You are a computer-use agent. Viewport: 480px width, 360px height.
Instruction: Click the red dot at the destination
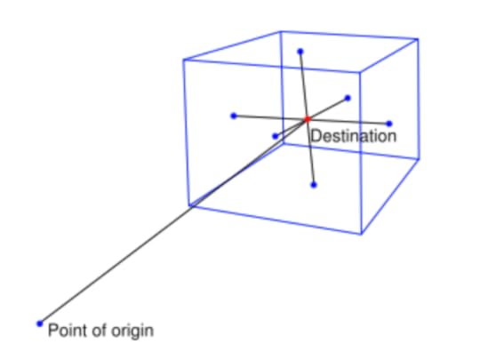click(x=307, y=119)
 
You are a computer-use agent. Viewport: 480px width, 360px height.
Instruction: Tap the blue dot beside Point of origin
click(x=40, y=324)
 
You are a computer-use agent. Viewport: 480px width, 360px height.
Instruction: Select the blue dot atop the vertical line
click(x=300, y=52)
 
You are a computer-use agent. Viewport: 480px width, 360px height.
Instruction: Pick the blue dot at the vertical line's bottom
click(x=314, y=185)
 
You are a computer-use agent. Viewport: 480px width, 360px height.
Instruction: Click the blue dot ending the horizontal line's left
click(x=234, y=116)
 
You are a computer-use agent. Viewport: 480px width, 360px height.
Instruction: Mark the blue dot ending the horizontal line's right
click(x=389, y=124)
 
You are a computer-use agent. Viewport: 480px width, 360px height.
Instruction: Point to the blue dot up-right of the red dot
click(x=348, y=98)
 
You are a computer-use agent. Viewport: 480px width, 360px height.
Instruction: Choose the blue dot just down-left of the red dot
click(x=276, y=136)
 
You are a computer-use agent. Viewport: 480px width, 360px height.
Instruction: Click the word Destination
click(x=353, y=136)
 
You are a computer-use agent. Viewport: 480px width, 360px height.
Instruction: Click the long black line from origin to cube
click(x=173, y=221)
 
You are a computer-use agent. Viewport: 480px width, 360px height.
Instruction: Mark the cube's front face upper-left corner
click(x=183, y=60)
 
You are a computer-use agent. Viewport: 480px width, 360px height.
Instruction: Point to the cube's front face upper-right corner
click(x=360, y=72)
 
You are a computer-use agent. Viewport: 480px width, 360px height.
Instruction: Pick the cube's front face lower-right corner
click(x=362, y=235)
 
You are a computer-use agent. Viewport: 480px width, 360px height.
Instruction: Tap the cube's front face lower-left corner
click(x=189, y=205)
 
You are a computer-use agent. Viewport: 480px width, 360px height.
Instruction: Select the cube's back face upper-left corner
click(x=281, y=31)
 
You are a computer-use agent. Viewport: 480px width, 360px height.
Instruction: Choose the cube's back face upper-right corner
click(x=418, y=39)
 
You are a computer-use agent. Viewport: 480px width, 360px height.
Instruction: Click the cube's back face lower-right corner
click(x=420, y=158)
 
